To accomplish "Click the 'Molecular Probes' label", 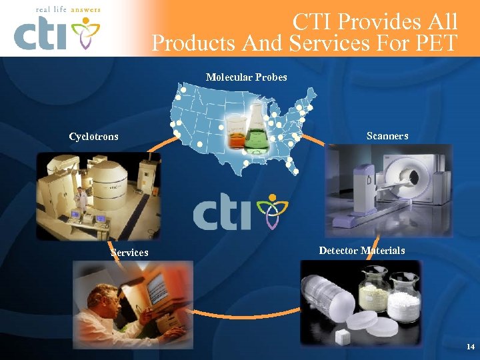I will pos(246,77).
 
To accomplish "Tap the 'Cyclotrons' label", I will pos(93,137).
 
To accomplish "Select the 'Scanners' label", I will pos(387,136).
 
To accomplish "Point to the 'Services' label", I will pos(129,253).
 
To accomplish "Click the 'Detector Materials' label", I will pos(361,251).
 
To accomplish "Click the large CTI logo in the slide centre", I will pos(239,212).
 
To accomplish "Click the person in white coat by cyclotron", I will pos(81,198).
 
